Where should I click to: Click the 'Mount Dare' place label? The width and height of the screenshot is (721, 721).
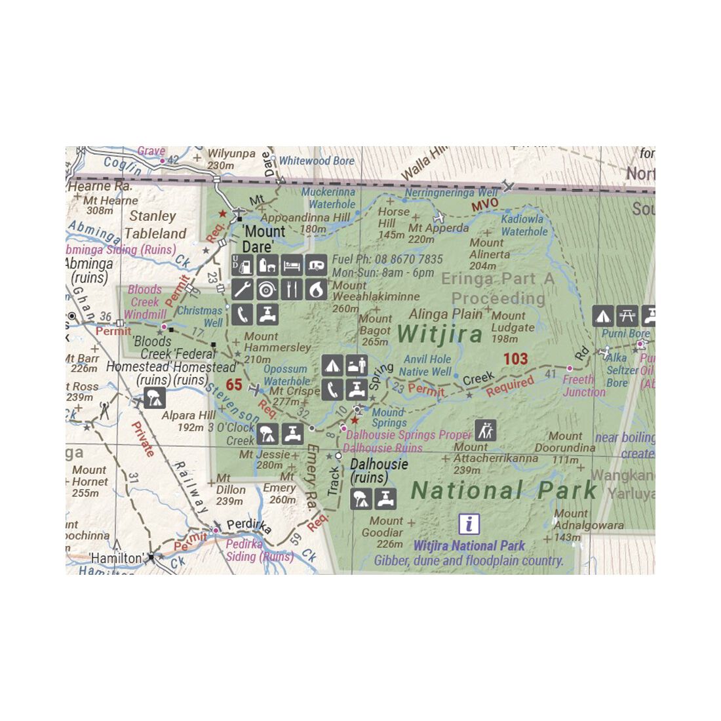pyautogui.click(x=263, y=239)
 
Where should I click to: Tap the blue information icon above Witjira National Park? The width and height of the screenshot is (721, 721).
pyautogui.click(x=469, y=524)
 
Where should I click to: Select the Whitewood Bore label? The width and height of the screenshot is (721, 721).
pyautogui.click(x=317, y=161)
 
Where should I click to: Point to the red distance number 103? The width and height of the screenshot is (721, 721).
pyautogui.click(x=515, y=359)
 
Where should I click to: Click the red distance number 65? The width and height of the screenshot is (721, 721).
pyautogui.click(x=234, y=385)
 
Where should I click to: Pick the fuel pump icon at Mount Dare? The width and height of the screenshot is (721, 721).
pyautogui.click(x=243, y=265)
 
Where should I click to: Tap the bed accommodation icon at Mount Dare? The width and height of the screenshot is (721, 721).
pyautogui.click(x=292, y=265)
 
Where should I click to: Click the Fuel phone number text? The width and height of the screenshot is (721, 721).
pyautogui.click(x=387, y=260)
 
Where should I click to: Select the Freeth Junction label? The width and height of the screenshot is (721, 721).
pyautogui.click(x=583, y=385)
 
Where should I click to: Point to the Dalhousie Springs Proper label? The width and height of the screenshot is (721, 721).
pyautogui.click(x=408, y=435)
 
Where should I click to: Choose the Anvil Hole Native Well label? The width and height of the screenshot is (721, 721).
pyautogui.click(x=427, y=366)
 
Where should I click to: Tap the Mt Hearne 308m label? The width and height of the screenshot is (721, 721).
pyautogui.click(x=110, y=205)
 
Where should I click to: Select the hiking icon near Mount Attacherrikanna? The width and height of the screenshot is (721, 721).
pyautogui.click(x=486, y=430)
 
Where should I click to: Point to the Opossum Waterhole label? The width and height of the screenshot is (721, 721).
pyautogui.click(x=286, y=375)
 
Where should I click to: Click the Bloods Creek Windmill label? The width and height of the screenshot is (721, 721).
pyautogui.click(x=145, y=302)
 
